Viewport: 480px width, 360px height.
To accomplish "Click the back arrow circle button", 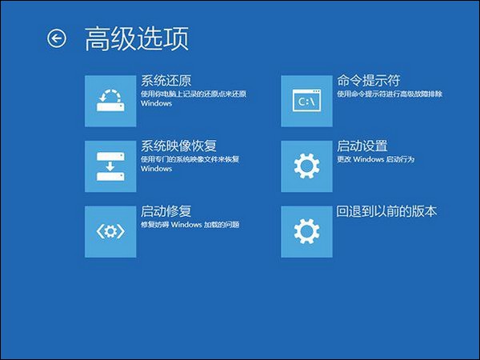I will pyautogui.click(x=56, y=38).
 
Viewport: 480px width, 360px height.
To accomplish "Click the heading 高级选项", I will pyautogui.click(x=136, y=39).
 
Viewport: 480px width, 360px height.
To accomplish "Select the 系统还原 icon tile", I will pyautogui.click(x=110, y=100).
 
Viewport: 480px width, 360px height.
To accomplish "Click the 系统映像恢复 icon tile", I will pyautogui.click(x=110, y=166).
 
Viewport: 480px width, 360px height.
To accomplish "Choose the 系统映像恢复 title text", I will pyautogui.click(x=178, y=146).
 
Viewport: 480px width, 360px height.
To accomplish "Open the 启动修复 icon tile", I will pyautogui.click(x=110, y=231).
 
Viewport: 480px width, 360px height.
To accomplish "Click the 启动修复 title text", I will pyautogui.click(x=166, y=212).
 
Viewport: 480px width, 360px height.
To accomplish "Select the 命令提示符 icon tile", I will pyautogui.click(x=307, y=100).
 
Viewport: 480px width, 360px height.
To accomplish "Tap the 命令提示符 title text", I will pyautogui.click(x=369, y=81).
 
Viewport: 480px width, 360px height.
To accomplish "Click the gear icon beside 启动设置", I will pyautogui.click(x=307, y=166).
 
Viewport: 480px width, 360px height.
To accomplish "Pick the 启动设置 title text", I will pyautogui.click(x=362, y=146).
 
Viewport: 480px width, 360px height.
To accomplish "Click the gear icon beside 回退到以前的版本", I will pyautogui.click(x=307, y=231).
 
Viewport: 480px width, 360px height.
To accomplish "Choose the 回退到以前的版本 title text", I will pyautogui.click(x=387, y=212).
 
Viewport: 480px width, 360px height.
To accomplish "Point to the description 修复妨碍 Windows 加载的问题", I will pyautogui.click(x=190, y=226).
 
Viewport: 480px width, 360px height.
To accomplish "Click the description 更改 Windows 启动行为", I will pyautogui.click(x=374, y=160).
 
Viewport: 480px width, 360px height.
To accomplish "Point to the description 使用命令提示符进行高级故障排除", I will pyautogui.click(x=390, y=94).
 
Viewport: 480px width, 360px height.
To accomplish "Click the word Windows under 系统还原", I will pyautogui.click(x=156, y=104).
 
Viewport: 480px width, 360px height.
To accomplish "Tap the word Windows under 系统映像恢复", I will pyautogui.click(x=156, y=170).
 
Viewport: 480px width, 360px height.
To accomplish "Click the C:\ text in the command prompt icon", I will pyautogui.click(x=305, y=102).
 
